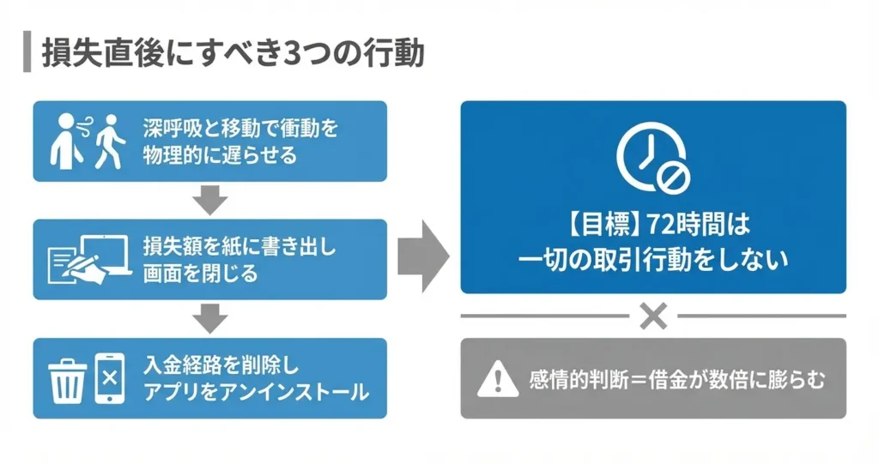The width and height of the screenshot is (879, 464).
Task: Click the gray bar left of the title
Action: pos(26,53)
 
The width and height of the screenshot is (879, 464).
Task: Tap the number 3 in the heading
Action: pos(292,53)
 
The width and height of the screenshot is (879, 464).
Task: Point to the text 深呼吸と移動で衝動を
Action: pos(241,130)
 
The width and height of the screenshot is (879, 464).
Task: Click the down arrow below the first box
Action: pos(209,201)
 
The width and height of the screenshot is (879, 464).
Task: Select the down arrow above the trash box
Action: pos(209,319)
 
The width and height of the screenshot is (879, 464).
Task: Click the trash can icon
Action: pos(66,378)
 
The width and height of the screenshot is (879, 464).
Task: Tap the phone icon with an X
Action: pos(109,377)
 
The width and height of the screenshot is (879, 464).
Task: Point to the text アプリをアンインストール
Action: pos(256,392)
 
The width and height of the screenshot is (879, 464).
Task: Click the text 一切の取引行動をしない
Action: pos(653,261)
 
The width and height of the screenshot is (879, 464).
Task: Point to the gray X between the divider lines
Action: pos(653,317)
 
